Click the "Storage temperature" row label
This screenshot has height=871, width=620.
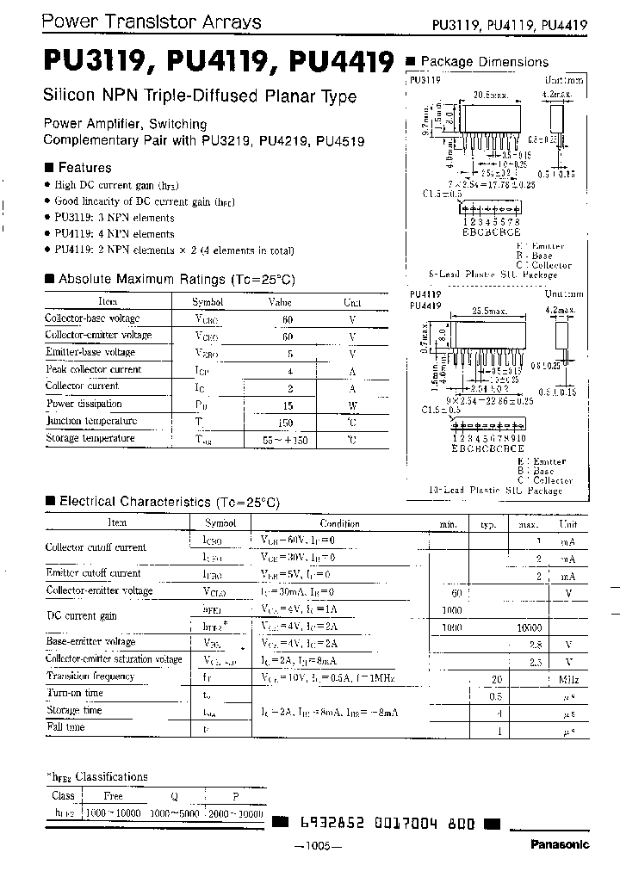90,438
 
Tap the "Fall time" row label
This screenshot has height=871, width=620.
65,727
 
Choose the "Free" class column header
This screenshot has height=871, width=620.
114,796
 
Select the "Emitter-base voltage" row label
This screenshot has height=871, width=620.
90,352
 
